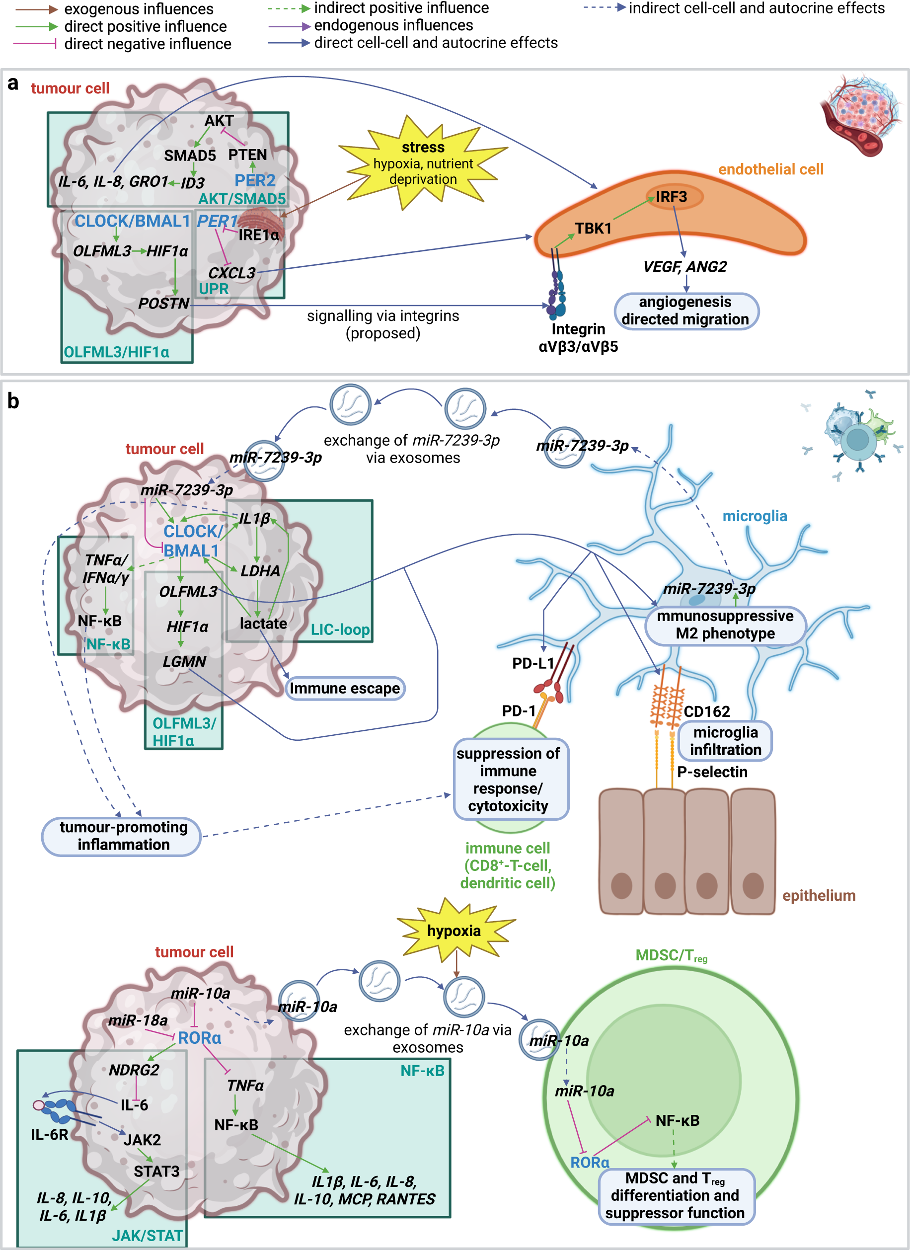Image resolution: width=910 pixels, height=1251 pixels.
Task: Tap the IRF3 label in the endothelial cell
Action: [671, 197]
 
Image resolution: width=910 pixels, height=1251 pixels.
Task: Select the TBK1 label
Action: [593, 229]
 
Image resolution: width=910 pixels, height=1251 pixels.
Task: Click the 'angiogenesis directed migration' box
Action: [685, 311]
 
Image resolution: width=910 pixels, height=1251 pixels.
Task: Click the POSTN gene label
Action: [164, 304]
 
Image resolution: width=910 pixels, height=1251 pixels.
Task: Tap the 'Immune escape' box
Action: [345, 689]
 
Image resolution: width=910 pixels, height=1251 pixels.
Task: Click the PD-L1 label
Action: [532, 664]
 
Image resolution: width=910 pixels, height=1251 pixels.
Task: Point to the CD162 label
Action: [706, 711]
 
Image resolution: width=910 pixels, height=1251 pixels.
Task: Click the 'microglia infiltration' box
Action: [725, 741]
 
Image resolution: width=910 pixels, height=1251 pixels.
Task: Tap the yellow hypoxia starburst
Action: [454, 931]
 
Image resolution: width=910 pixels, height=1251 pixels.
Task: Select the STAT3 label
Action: [156, 1172]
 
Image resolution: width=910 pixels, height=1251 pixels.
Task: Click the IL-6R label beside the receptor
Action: [50, 1135]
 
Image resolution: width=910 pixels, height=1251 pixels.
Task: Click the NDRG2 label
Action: [134, 1070]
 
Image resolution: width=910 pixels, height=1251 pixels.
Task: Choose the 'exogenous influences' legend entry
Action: [138, 9]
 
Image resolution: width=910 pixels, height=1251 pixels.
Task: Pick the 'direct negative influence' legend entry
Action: [147, 44]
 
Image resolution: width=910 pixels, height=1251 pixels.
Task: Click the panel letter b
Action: [13, 401]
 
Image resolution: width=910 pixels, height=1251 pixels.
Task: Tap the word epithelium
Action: [819, 895]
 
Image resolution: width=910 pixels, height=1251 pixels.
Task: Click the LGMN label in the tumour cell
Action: [184, 661]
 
